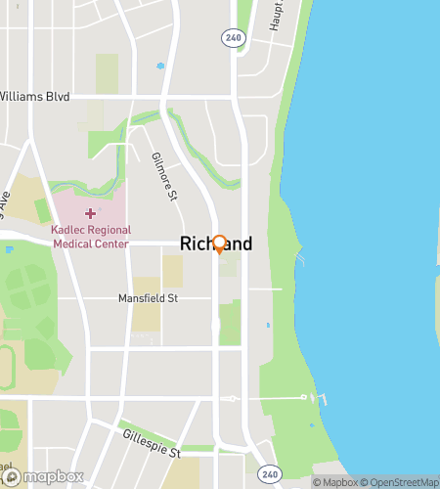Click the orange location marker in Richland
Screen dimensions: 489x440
pyautogui.click(x=219, y=244)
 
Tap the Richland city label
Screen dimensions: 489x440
pyautogui.click(x=216, y=244)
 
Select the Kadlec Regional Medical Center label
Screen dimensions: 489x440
pyautogui.click(x=90, y=236)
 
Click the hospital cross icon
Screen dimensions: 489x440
pyautogui.click(x=91, y=212)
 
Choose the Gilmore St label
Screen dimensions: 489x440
pyautogui.click(x=163, y=177)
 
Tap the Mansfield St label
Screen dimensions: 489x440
pyautogui.click(x=148, y=297)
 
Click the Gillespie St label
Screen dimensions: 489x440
pyautogui.click(x=152, y=445)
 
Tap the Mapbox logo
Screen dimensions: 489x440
pyautogui.click(x=43, y=477)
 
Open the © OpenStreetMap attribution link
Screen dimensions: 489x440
pyautogui.click(x=400, y=482)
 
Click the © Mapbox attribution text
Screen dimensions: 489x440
pyautogui.click(x=335, y=482)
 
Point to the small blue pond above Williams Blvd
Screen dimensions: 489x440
pyautogui.click(x=160, y=67)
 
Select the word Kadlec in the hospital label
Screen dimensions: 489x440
pyautogui.click(x=71, y=230)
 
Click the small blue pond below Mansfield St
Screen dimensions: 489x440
pyautogui.click(x=267, y=325)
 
